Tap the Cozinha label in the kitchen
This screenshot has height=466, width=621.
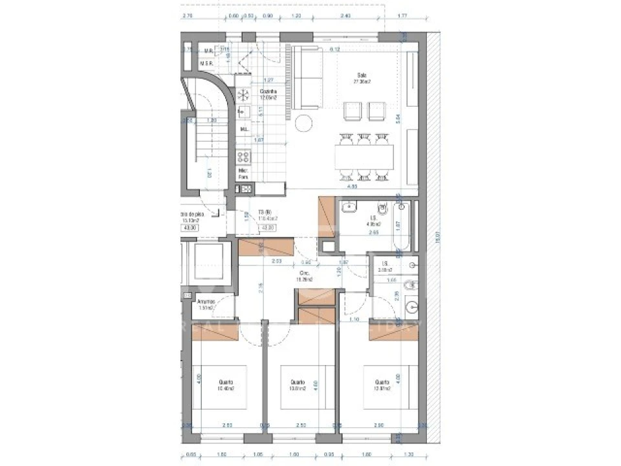pos(268,92)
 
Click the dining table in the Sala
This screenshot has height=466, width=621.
pos(364,156)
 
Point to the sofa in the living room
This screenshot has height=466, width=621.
pos(308,78)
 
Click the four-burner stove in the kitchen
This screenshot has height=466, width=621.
pos(244,157)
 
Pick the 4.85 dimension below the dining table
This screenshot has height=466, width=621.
pos(353,186)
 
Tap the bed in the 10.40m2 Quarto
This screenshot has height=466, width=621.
pos(220,388)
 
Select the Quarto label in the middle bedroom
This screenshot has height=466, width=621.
pos(298,382)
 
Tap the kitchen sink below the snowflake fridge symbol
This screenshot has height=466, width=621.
pos(244,112)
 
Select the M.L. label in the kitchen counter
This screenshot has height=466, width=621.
pos(244,129)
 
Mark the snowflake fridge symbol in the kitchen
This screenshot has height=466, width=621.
pos(244,95)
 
